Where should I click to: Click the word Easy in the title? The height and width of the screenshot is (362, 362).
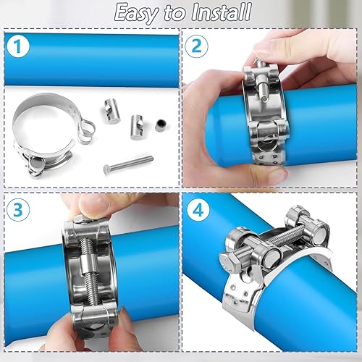(x=137, y=13)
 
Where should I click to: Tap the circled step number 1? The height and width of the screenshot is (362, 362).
(x=18, y=46)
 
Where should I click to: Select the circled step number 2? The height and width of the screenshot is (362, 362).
(x=197, y=46)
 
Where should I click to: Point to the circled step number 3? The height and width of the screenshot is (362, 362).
(x=18, y=209)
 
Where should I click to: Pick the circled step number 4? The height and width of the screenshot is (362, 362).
(x=198, y=209)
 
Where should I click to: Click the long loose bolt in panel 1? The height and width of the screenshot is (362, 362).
(x=128, y=164)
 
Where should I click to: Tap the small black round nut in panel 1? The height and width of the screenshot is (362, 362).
(x=161, y=125)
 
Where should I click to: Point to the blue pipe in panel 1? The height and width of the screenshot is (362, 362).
(x=92, y=60)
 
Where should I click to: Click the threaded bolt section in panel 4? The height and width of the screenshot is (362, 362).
(x=287, y=235)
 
